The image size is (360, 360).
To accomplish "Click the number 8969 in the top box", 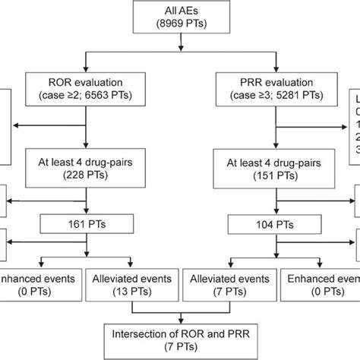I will click(169, 27).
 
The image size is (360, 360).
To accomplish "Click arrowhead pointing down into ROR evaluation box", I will click(90, 66).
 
